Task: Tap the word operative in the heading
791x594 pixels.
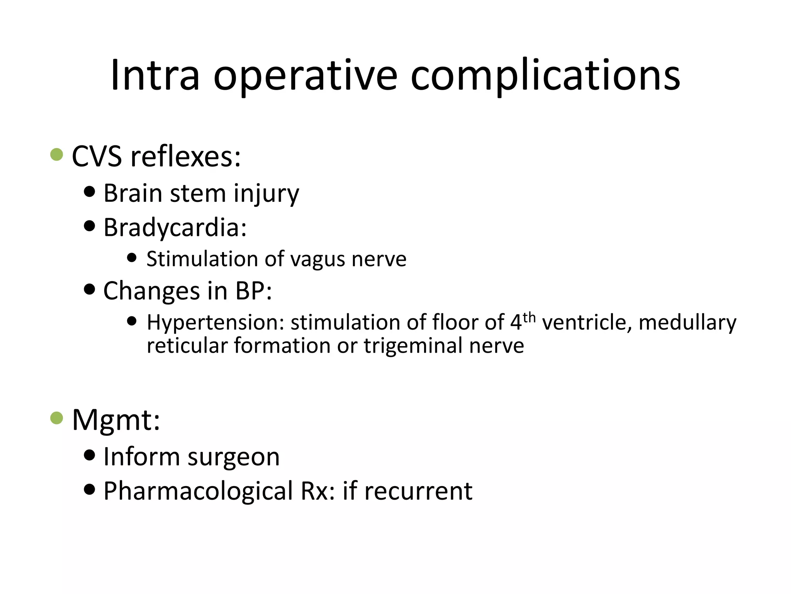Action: click(305, 76)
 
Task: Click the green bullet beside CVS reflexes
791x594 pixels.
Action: click(57, 155)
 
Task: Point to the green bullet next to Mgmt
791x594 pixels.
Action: click(57, 418)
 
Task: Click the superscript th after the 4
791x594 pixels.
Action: click(529, 317)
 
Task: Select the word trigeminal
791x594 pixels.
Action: click(413, 346)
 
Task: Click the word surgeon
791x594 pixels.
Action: click(234, 457)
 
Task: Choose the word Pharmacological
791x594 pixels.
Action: click(198, 491)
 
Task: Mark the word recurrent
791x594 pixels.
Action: click(418, 491)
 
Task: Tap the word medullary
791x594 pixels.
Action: click(687, 323)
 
